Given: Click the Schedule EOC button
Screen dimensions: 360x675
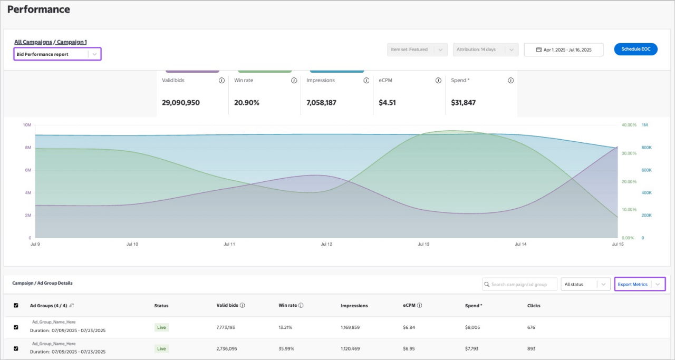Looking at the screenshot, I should point(635,49).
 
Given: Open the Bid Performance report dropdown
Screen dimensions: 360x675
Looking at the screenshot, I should point(57,54).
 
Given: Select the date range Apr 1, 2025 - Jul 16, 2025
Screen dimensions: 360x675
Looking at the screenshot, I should point(563,50).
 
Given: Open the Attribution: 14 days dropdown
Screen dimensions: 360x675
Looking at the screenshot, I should point(485,50).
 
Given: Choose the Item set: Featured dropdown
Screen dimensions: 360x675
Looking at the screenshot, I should point(417,50).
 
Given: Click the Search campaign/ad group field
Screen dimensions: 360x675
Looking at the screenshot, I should point(519,284).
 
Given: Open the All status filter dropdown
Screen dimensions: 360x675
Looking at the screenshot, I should point(585,284).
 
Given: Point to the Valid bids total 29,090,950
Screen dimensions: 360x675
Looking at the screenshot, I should point(181,103).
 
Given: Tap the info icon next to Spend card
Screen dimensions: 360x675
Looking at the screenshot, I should point(510,81).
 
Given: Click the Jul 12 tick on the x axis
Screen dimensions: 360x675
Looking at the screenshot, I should point(326,244).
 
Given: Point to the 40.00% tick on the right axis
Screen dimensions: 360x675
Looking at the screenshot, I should point(629,125).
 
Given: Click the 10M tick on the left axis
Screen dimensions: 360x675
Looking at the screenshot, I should point(27,125).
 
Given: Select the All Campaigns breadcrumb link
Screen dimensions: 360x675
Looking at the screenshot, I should point(33,42).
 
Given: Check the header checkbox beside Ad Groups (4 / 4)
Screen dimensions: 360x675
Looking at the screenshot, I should point(16,305).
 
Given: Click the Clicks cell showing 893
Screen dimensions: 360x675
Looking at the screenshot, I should point(532,348).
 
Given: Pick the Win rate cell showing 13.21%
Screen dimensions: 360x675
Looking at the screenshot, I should point(286,327).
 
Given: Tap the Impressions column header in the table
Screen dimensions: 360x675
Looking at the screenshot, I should point(354,305).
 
